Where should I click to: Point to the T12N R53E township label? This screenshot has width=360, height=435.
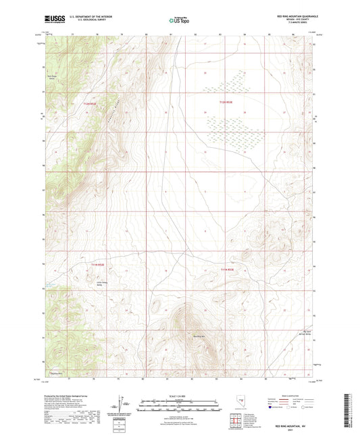pyautogui.click(x=226, y=103)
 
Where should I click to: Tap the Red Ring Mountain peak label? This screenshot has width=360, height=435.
pyautogui.click(x=200, y=336)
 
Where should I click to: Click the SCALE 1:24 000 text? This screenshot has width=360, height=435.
pyautogui.click(x=180, y=396)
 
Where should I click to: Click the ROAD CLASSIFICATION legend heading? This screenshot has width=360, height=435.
pyautogui.click(x=292, y=396)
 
